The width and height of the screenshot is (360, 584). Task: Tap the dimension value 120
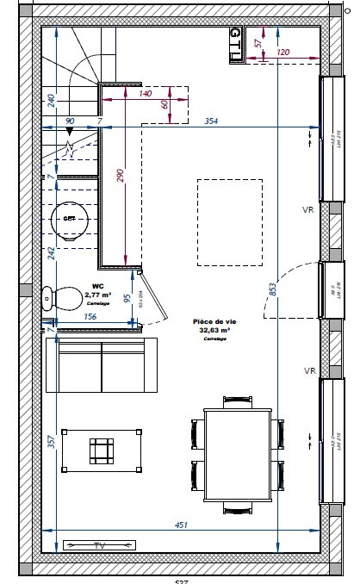coord(283,53)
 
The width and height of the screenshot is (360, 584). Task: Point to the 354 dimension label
coord(210,121)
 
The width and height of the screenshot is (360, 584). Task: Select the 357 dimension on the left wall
coord(51,443)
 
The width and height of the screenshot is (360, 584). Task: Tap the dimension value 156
coord(89,316)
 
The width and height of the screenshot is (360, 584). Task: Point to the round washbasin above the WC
coord(70,219)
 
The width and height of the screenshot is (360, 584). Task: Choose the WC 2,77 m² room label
coord(91,295)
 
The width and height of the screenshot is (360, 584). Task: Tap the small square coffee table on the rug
coord(102,450)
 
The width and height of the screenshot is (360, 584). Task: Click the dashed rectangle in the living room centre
coord(229,223)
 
